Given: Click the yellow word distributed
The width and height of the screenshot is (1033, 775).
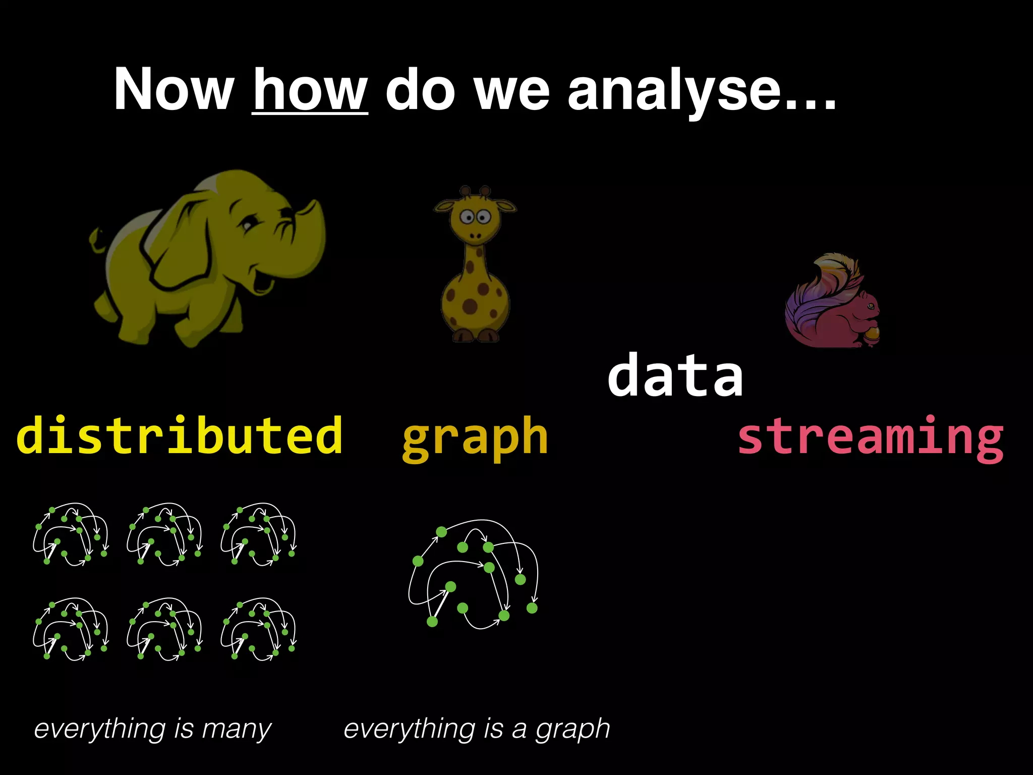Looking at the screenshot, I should pos(180,435).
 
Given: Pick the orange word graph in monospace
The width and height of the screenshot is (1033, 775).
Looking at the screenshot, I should pos(475,437).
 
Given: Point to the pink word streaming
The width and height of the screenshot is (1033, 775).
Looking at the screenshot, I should pos(871,437).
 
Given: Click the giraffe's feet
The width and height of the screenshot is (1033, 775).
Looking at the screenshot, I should pos(475,335).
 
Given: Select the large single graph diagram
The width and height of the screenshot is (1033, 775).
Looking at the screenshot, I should pos(474,575).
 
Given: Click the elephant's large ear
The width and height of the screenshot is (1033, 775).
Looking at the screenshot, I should pos(177,237).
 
